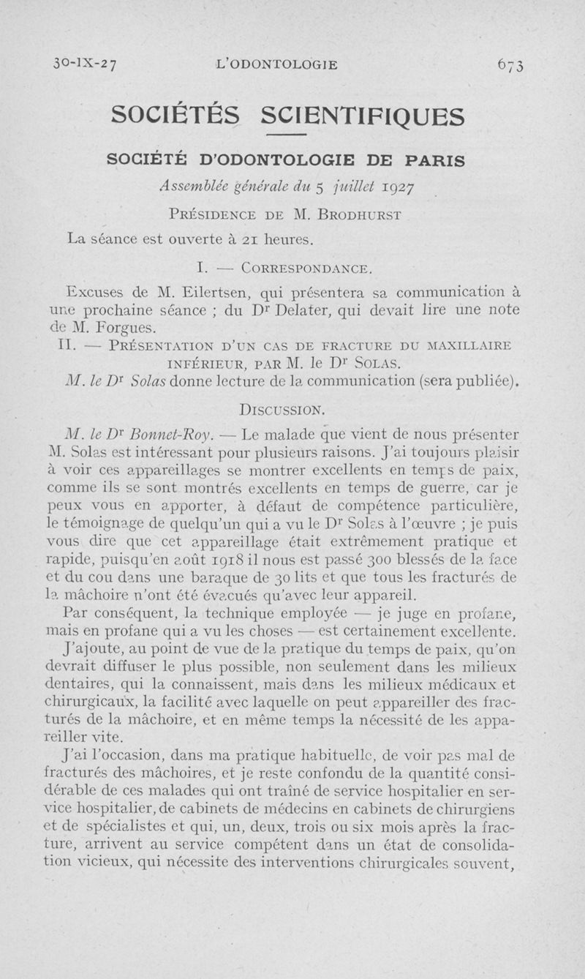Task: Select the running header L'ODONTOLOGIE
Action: tap(278, 64)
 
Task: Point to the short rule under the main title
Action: tap(286, 136)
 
